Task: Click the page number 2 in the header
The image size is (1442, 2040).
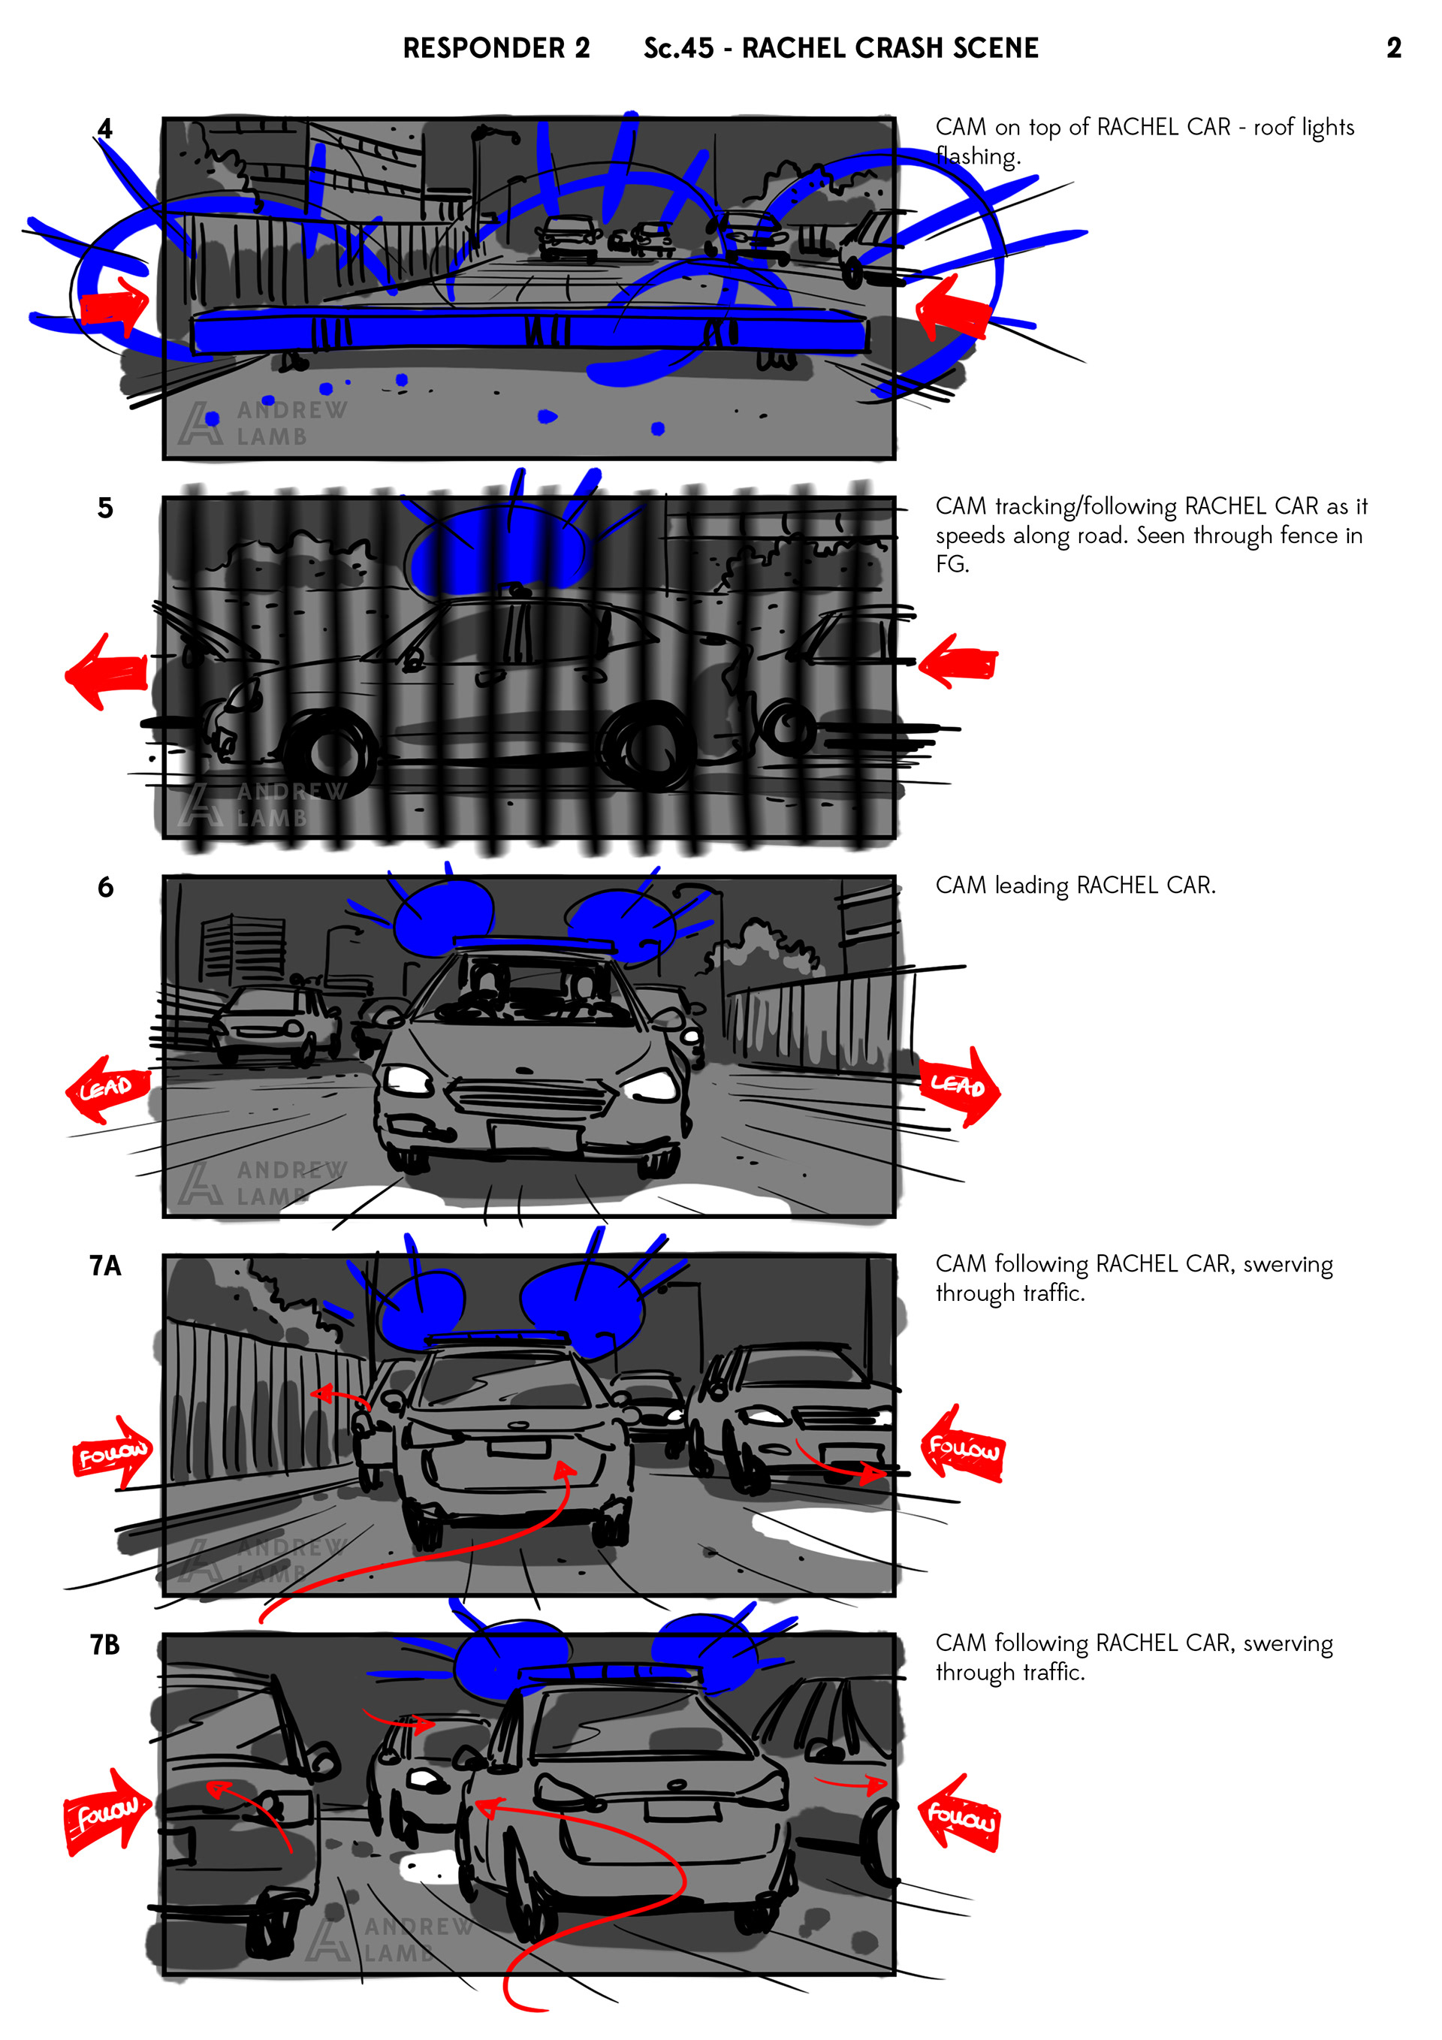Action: [x=1393, y=48]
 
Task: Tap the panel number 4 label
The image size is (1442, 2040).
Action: [x=105, y=129]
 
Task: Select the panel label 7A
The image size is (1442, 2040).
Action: [x=105, y=1265]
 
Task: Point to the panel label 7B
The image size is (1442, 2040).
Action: [x=105, y=1645]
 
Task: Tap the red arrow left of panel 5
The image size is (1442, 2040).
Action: [x=107, y=671]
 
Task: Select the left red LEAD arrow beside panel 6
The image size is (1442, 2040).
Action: [x=106, y=1088]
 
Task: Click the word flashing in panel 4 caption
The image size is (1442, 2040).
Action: [x=977, y=157]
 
